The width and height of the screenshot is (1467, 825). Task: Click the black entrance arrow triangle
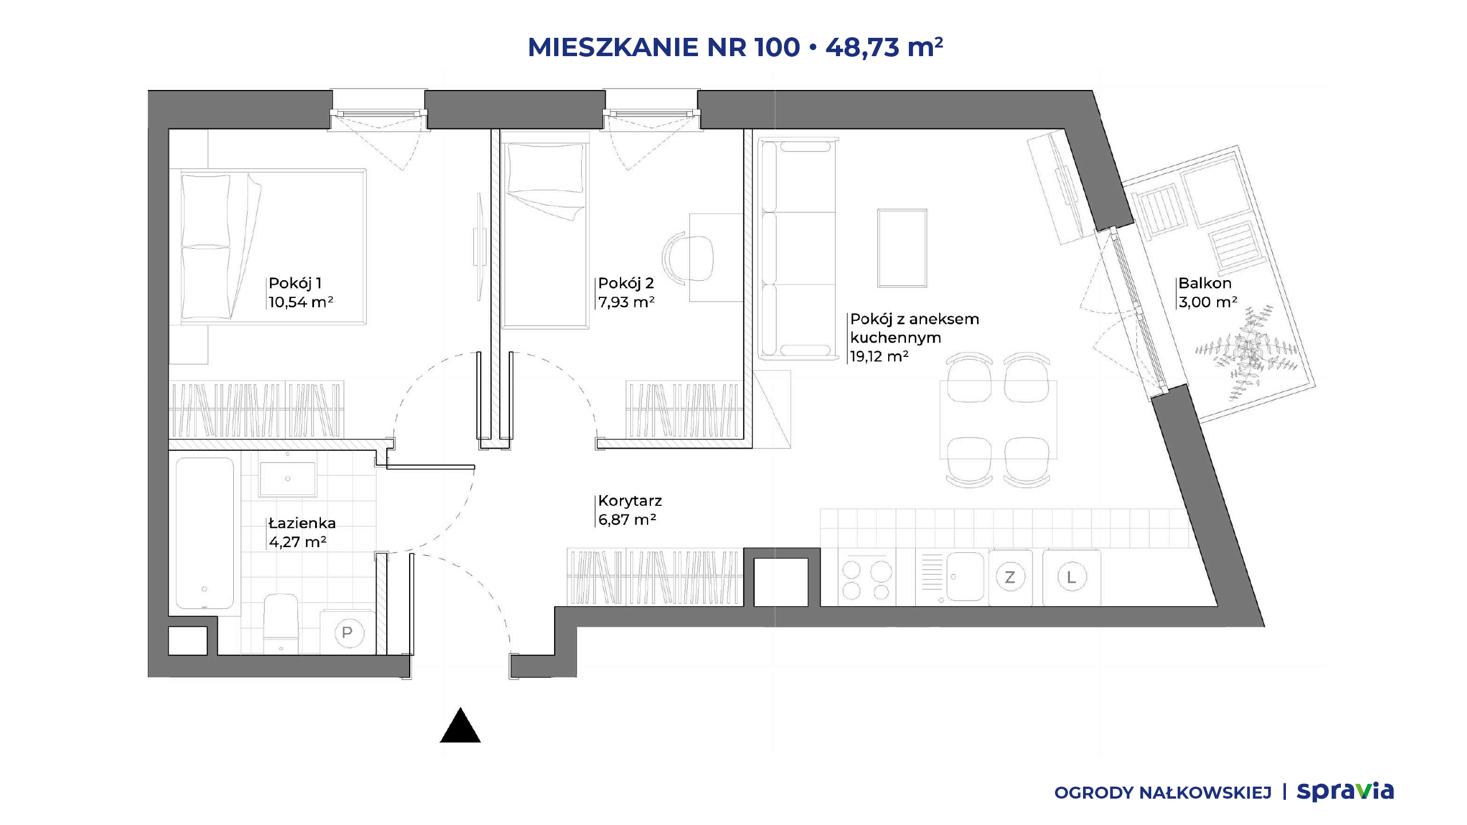[x=460, y=726]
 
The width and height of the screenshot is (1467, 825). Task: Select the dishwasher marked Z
[x=1010, y=577]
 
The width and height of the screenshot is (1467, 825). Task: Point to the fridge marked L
[x=1072, y=577]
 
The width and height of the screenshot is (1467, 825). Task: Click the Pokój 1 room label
[x=295, y=283]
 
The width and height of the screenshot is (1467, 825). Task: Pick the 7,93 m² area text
[x=626, y=302]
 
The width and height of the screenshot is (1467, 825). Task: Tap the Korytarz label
[x=630, y=501]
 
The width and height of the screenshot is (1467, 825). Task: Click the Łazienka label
[x=302, y=523]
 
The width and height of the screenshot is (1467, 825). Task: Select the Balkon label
[x=1205, y=283]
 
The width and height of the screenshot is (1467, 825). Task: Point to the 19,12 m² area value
[x=879, y=356]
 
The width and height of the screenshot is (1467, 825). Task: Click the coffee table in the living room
[x=902, y=248]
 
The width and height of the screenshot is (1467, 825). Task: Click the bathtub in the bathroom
[x=205, y=533]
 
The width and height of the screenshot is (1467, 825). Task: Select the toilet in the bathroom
[x=281, y=623]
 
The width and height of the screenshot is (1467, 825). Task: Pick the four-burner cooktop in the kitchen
[x=866, y=577]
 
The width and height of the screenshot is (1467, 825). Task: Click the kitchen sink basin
[x=965, y=576]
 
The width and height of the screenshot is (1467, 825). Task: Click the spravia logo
[x=1345, y=791]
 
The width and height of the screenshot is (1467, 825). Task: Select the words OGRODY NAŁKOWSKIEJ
[x=1163, y=793]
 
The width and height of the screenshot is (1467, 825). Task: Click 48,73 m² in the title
[x=884, y=47]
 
